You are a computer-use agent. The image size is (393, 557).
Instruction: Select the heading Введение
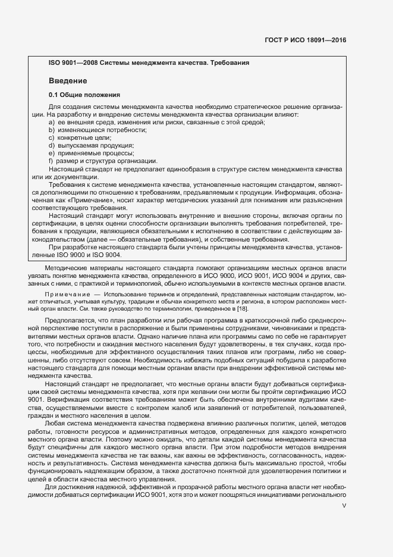coord(68,80)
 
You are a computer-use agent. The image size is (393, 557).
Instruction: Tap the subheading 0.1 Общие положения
coord(84,95)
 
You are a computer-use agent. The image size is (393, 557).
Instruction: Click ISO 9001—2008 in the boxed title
coord(73,62)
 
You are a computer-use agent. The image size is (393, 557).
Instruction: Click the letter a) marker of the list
coord(52,122)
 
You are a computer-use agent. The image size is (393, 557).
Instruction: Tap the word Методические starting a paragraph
coord(69,269)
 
